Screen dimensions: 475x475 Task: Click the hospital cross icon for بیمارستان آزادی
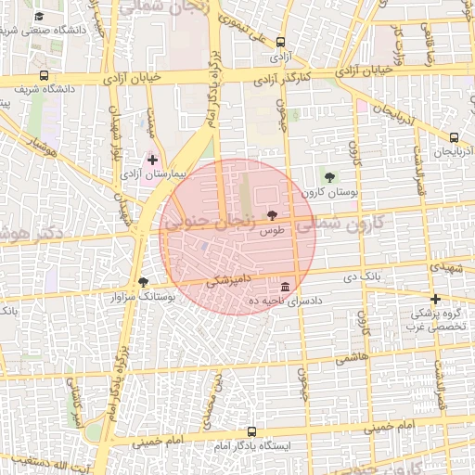click(152, 160)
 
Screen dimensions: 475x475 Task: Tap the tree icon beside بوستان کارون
click(329, 176)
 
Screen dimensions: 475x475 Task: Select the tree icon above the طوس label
click(271, 214)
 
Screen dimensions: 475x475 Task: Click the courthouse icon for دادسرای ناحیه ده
click(284, 286)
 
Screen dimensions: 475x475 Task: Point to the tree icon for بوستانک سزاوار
click(142, 282)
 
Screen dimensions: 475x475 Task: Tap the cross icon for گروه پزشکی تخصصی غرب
click(435, 298)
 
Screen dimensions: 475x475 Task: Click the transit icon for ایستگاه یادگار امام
click(252, 431)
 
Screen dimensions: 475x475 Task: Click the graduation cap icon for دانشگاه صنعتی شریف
click(38, 16)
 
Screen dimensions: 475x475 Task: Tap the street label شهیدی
click(448, 267)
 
